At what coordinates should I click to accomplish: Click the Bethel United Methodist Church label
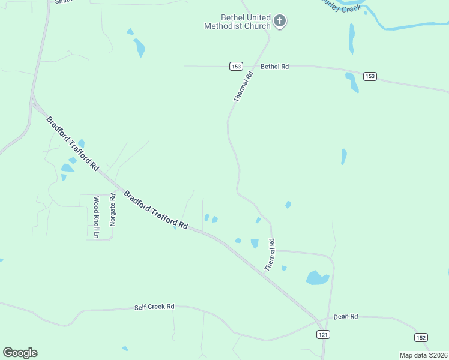click(x=237, y=22)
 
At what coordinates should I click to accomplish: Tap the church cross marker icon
click(x=279, y=22)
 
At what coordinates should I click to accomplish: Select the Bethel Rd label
click(x=274, y=66)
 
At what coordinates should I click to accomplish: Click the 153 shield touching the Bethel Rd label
click(x=236, y=66)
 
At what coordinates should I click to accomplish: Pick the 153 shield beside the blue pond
click(x=370, y=76)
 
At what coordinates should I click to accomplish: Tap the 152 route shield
click(x=421, y=338)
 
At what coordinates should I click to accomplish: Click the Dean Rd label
click(x=346, y=316)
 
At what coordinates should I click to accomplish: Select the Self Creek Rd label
click(x=154, y=307)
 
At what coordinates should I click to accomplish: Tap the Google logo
click(x=20, y=353)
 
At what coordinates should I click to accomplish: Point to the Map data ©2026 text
click(x=423, y=355)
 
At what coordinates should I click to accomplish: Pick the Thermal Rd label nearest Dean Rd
click(x=271, y=254)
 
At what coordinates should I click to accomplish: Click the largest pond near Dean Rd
click(x=316, y=278)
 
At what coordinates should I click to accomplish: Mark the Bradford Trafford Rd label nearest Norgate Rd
click(x=155, y=210)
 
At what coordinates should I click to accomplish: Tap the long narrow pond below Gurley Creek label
click(x=352, y=39)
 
